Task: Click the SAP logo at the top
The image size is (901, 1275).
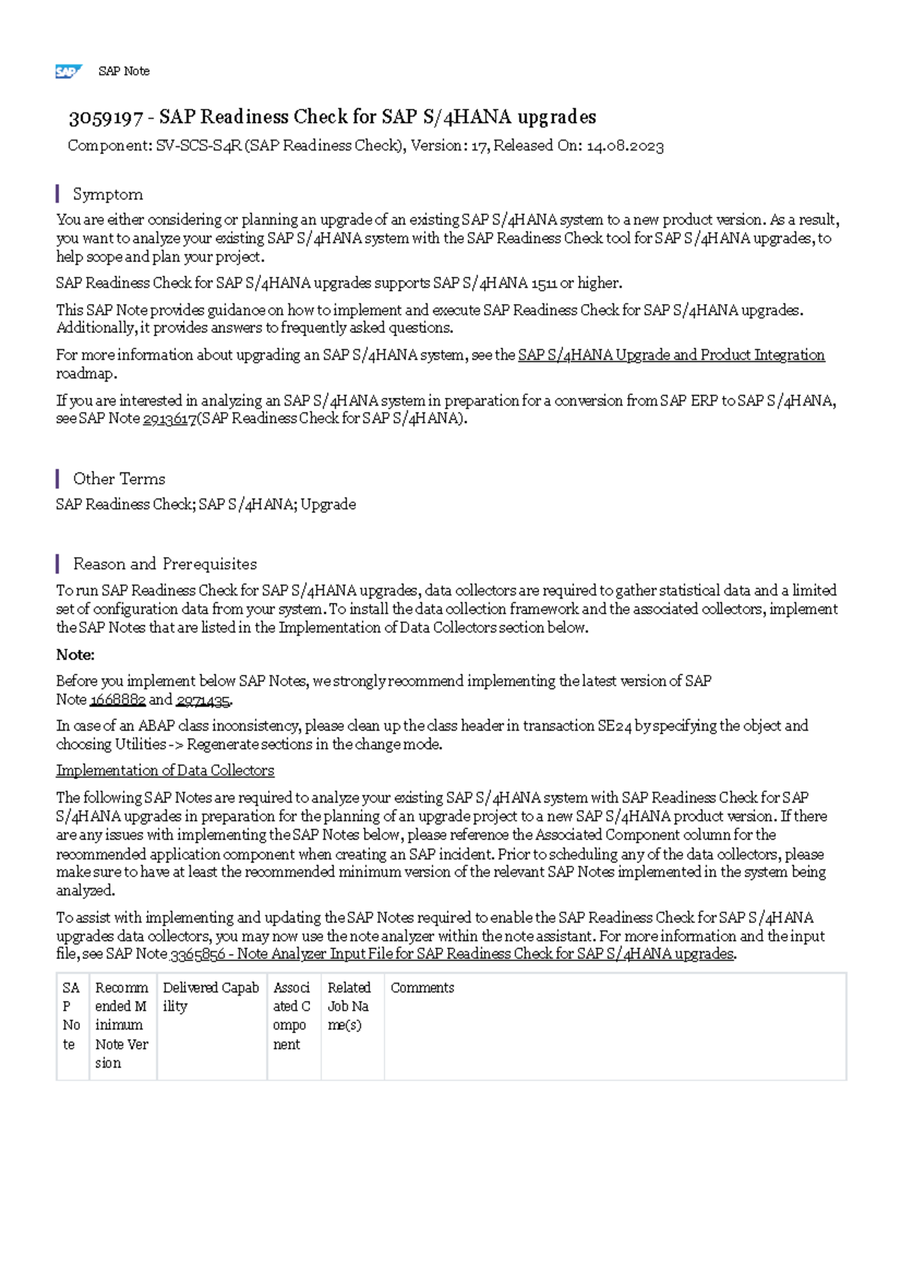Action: [68, 71]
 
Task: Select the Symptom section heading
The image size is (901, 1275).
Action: [107, 194]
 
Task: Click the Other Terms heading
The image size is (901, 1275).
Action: [119, 479]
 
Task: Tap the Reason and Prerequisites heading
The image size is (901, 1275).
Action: [164, 564]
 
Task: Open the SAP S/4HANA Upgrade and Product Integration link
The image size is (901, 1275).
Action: [671, 355]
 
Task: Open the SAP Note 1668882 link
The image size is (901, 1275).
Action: [117, 700]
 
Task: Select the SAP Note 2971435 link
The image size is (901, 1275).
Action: [203, 700]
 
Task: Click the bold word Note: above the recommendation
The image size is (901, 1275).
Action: [75, 655]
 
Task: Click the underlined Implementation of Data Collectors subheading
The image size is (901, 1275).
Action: [165, 770]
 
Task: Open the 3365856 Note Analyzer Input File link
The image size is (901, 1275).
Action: [453, 954]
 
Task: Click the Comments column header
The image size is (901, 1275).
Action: [422, 988]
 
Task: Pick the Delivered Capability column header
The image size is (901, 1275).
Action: [211, 997]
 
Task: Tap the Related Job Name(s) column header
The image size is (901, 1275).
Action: [350, 1006]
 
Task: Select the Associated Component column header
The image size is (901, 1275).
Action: [292, 1016]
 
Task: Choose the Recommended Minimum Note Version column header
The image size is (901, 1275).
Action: [122, 1025]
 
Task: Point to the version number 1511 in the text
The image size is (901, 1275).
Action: [544, 284]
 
